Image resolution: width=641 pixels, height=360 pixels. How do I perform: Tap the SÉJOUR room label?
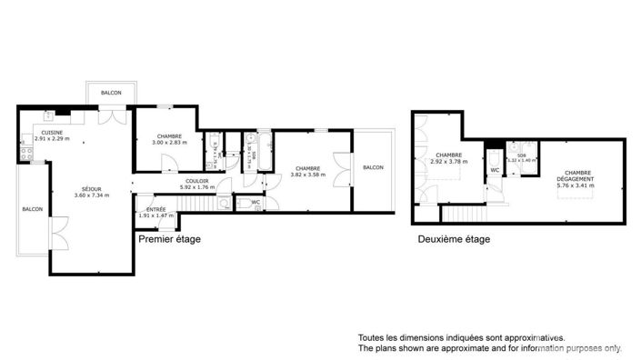click(x=89, y=189)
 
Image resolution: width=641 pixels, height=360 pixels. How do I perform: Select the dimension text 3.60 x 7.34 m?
click(x=89, y=195)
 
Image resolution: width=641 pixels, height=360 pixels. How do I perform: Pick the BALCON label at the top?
click(x=112, y=94)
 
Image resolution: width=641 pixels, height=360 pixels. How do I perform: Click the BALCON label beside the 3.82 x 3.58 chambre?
click(x=372, y=167)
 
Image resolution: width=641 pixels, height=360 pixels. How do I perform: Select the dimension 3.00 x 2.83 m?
click(x=168, y=143)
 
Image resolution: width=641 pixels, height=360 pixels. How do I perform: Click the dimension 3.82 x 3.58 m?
click(x=307, y=173)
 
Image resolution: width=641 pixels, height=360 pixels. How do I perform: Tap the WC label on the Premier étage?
click(x=243, y=203)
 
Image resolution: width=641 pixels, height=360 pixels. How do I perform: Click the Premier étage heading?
click(x=169, y=240)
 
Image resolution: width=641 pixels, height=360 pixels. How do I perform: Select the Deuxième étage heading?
click(x=454, y=240)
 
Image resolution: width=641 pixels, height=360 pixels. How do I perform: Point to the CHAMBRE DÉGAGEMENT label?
click(x=576, y=176)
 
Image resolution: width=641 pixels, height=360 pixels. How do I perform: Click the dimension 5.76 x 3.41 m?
click(x=576, y=186)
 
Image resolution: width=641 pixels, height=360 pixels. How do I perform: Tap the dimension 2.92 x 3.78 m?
click(x=448, y=161)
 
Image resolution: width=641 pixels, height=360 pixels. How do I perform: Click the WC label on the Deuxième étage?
click(x=495, y=170)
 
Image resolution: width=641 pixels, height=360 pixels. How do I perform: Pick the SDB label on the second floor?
click(x=521, y=155)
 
